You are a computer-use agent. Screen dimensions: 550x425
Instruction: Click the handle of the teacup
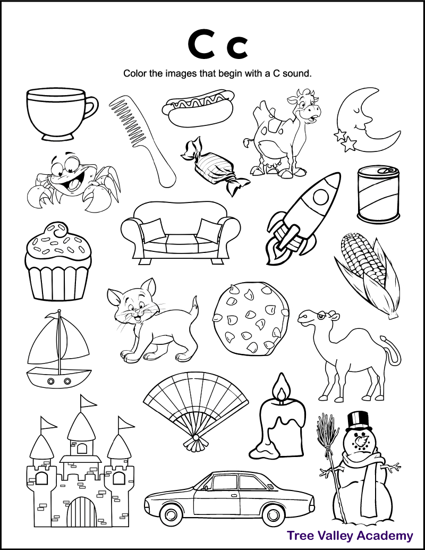pyautogui.click(x=91, y=108)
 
